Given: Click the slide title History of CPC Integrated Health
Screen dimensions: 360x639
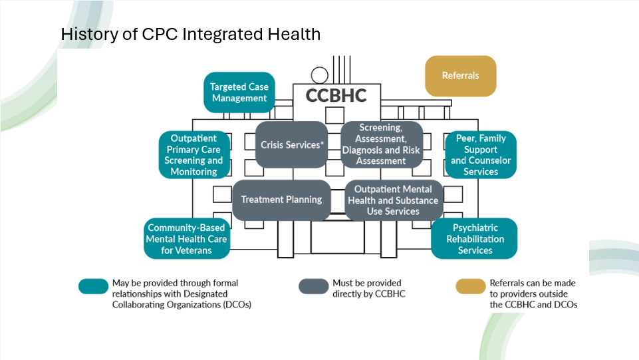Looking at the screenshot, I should [x=190, y=34].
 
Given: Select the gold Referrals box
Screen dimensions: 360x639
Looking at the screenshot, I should [x=460, y=76].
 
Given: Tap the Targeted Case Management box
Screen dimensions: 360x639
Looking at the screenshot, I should [x=239, y=92].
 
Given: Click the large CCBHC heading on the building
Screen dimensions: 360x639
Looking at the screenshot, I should [x=336, y=96].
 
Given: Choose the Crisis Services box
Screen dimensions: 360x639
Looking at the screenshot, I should [x=291, y=144].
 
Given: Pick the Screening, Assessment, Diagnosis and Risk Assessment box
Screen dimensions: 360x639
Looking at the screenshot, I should [x=381, y=144].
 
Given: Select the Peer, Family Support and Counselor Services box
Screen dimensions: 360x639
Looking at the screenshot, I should [x=480, y=155].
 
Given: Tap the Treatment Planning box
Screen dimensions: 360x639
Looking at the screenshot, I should [x=281, y=200].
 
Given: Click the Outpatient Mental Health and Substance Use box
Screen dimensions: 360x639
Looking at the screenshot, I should [x=393, y=200].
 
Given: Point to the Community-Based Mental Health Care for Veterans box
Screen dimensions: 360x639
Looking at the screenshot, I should [x=187, y=239].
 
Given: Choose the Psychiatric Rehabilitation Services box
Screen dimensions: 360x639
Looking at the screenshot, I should [x=474, y=239].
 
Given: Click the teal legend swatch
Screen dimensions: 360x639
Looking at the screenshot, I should [x=92, y=286].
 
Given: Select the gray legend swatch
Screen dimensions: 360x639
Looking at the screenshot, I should [x=313, y=286].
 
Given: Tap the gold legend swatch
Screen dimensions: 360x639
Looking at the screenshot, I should [x=470, y=286].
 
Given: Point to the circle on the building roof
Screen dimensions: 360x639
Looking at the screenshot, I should [x=320, y=75].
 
